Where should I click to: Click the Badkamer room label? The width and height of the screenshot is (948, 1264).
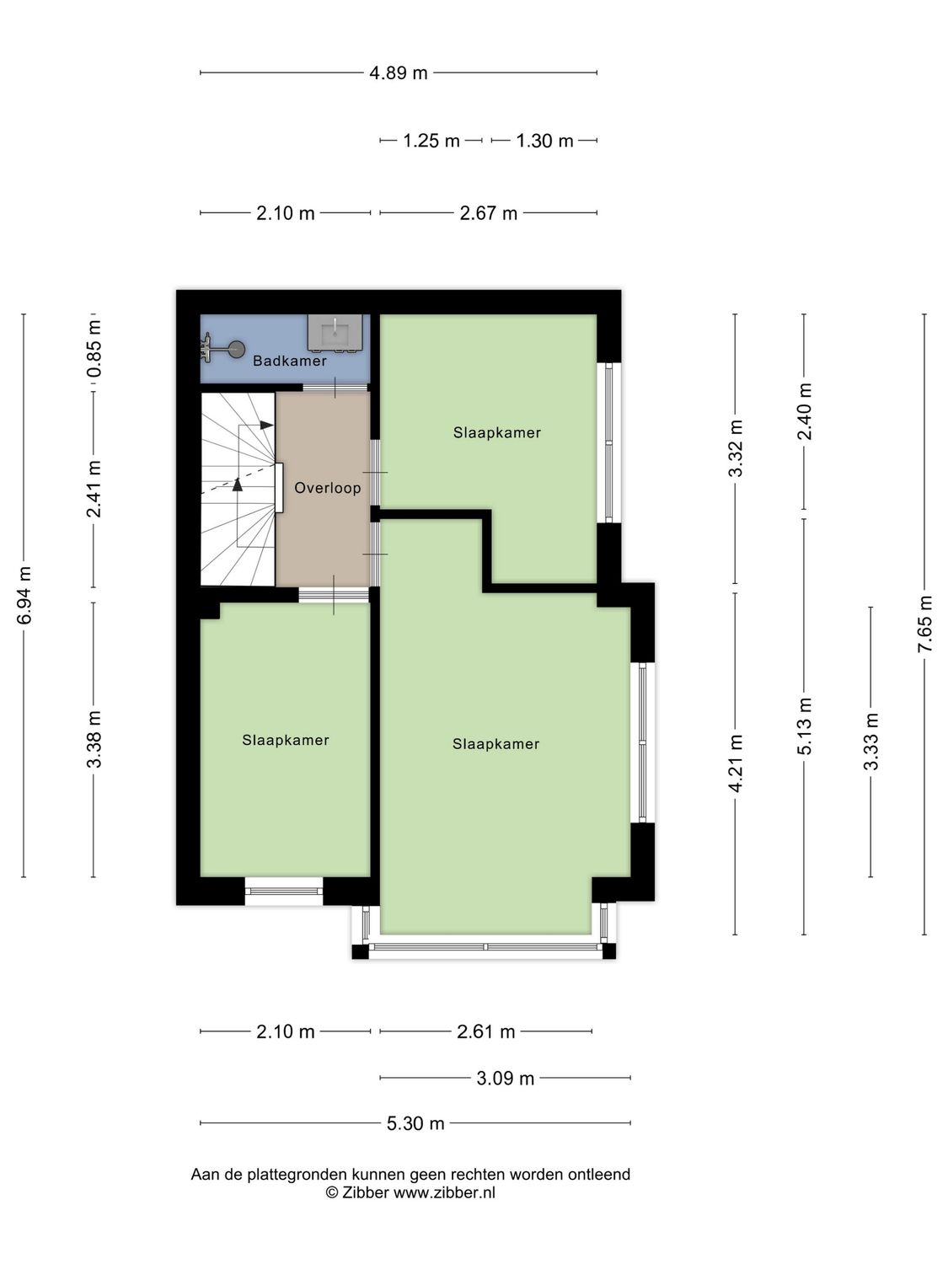pyautogui.click(x=290, y=361)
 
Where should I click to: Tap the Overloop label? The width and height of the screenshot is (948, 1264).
pyautogui.click(x=327, y=488)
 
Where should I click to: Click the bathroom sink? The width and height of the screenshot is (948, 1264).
pyautogui.click(x=335, y=333)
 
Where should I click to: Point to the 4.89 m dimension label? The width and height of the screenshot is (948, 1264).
pyautogui.click(x=399, y=73)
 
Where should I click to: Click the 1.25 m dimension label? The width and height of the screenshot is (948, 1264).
pyautogui.click(x=431, y=141)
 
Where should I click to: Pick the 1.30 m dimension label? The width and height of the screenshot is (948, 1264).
pyautogui.click(x=544, y=141)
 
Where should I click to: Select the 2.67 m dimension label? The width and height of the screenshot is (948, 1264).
pyautogui.click(x=489, y=213)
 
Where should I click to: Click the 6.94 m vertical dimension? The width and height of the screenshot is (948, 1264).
pyautogui.click(x=24, y=595)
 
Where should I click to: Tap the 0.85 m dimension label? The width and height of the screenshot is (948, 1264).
pyautogui.click(x=94, y=348)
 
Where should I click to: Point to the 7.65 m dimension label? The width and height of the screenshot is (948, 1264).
pyautogui.click(x=925, y=624)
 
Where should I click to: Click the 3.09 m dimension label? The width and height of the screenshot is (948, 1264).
pyautogui.click(x=506, y=1078)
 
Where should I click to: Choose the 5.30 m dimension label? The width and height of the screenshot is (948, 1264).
pyautogui.click(x=415, y=1123)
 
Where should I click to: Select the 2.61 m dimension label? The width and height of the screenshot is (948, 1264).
pyautogui.click(x=486, y=1031)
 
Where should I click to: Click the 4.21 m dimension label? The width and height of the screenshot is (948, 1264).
pyautogui.click(x=736, y=763)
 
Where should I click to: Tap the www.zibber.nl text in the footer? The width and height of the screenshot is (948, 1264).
pyautogui.click(x=444, y=1192)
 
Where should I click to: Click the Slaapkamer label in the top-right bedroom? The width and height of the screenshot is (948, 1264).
pyautogui.click(x=497, y=432)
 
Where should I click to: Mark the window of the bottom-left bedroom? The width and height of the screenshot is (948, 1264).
pyautogui.click(x=284, y=891)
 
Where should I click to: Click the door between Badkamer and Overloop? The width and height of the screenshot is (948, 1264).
pyautogui.click(x=335, y=388)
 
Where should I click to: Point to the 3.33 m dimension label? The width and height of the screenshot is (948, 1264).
pyautogui.click(x=871, y=742)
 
